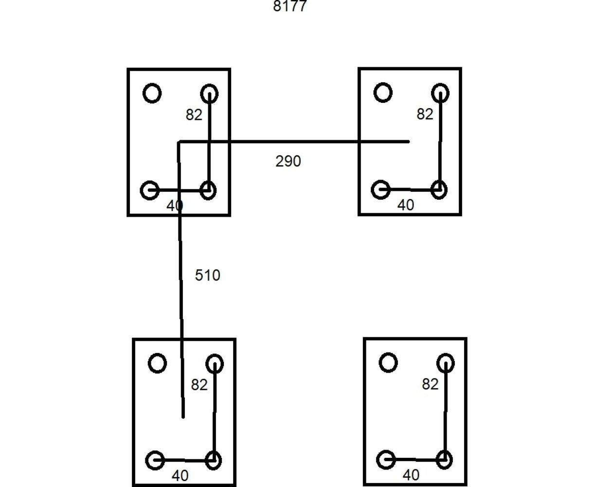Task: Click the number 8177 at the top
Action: coord(290,6)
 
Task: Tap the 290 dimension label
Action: coord(288,161)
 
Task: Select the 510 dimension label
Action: coord(207,276)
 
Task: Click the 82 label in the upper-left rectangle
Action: coord(194,115)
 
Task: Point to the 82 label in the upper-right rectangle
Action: coord(425,114)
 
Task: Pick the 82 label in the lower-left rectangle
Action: coord(199,385)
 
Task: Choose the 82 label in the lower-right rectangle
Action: coord(430,385)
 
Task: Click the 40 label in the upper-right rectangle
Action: coord(406,206)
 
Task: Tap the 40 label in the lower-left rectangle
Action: coord(180,476)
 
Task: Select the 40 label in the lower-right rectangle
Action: coord(411,475)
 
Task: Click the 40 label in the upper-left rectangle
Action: coord(175,206)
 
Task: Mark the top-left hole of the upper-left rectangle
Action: coord(152,93)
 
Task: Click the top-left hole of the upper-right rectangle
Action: coord(383,93)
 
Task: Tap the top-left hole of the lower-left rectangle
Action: coord(157,363)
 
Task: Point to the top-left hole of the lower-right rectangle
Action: coord(388,363)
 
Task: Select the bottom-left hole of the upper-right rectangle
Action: coord(380,189)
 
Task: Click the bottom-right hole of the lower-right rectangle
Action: coord(444,460)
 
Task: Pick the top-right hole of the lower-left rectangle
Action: coord(215,364)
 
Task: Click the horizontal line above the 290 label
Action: coord(292,142)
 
